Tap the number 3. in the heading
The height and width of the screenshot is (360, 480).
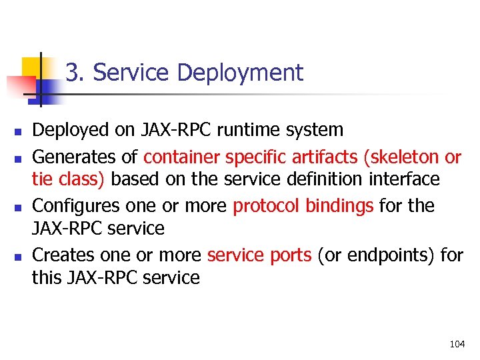pyautogui.click(x=75, y=73)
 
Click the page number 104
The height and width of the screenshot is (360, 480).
pyautogui.click(x=457, y=344)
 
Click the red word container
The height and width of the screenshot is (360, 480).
pyautogui.click(x=182, y=157)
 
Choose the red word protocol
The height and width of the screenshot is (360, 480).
pyautogui.click(x=267, y=206)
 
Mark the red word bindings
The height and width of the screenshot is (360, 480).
pyautogui.click(x=339, y=206)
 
